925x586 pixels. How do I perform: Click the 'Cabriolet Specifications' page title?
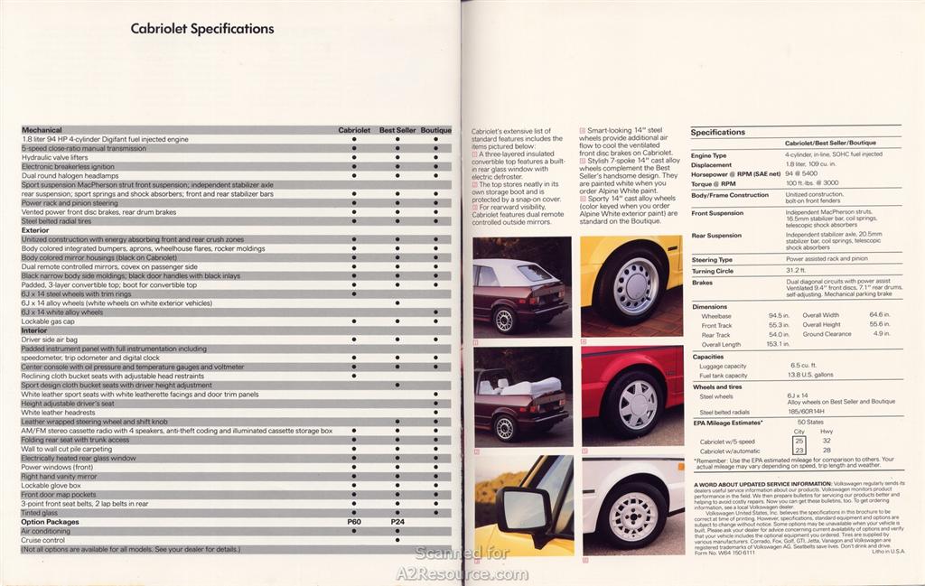point(202,29)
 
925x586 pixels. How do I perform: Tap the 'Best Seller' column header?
point(397,130)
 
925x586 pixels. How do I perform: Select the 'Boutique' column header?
point(436,130)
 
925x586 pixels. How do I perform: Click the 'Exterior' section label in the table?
point(35,230)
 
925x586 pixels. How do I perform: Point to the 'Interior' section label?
point(34,330)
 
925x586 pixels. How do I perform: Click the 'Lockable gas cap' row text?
point(48,321)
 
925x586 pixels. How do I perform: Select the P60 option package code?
point(354,522)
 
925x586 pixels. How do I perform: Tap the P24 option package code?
point(397,522)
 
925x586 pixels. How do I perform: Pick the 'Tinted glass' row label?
point(40,513)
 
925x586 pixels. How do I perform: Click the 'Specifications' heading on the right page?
point(718,132)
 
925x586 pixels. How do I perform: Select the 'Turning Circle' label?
point(714,271)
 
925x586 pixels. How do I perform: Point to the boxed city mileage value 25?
point(799,442)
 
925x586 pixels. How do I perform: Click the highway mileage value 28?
point(827,451)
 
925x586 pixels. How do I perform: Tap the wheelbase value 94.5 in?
point(778,315)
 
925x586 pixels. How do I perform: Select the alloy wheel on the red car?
point(638,403)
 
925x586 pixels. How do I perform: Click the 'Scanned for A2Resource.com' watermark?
point(462,563)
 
